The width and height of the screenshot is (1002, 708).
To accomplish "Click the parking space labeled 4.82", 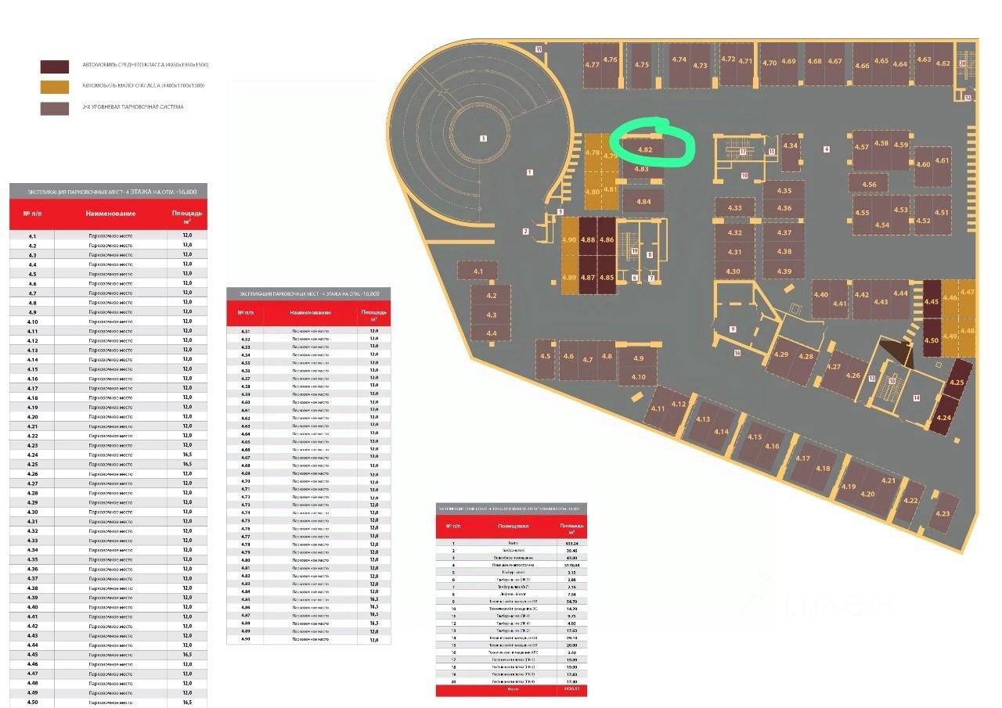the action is (x=645, y=149).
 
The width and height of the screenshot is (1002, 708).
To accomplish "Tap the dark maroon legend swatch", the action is (x=55, y=66).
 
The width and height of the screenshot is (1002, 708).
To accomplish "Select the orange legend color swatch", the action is (x=55, y=87).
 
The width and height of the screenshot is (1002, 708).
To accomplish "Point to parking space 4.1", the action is (x=478, y=271).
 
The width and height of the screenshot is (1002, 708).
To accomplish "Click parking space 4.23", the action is (x=943, y=513).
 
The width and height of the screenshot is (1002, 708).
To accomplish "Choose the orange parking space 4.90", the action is (x=569, y=240).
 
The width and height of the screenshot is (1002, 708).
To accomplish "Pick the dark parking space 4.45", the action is (x=931, y=301).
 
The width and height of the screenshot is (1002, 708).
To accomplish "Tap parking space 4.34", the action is (x=791, y=146).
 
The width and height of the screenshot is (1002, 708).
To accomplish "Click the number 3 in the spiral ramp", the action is (x=483, y=138).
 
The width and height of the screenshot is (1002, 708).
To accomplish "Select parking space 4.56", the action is (x=869, y=185).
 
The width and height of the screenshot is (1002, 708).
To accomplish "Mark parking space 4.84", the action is (x=643, y=202).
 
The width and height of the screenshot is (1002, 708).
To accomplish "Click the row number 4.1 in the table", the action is (x=32, y=235).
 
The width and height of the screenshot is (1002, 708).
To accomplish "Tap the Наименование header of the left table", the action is (x=110, y=214).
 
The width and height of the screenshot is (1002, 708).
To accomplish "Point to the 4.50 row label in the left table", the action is (x=32, y=703).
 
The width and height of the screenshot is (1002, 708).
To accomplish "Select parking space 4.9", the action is (x=639, y=358).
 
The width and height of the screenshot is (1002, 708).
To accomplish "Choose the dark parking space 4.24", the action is (x=944, y=418).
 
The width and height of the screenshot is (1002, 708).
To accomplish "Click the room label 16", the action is (x=737, y=354).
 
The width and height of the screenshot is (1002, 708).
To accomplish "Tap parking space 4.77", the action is (x=593, y=65).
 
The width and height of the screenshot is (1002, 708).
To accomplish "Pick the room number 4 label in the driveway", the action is (x=826, y=149).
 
